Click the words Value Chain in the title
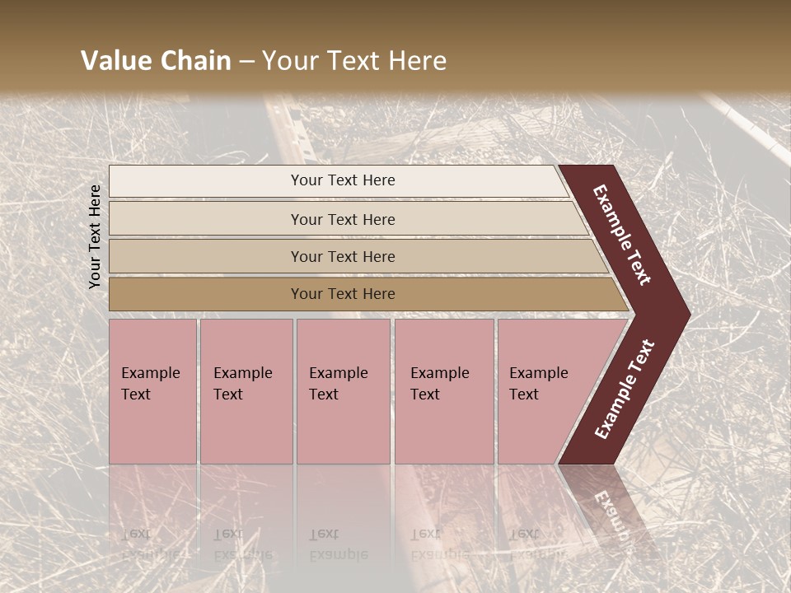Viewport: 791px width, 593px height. click(x=156, y=61)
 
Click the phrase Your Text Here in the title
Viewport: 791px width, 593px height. click(x=354, y=61)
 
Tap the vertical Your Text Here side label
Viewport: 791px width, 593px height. click(x=95, y=236)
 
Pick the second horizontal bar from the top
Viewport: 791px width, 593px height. click(x=342, y=219)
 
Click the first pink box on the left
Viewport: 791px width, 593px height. click(x=152, y=391)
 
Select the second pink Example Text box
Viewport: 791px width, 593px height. click(x=246, y=391)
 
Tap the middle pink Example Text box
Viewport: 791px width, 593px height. click(x=343, y=391)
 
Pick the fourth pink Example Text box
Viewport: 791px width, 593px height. click(x=443, y=391)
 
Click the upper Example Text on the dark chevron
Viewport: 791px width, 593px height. click(x=622, y=235)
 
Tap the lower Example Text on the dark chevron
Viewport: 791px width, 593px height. click(x=625, y=389)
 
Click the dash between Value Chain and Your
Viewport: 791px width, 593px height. click(x=246, y=62)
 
